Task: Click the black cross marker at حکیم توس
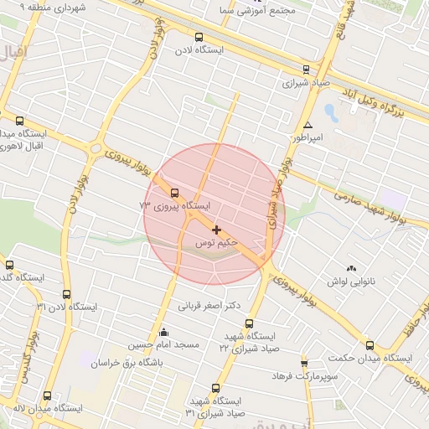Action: pos(217,230)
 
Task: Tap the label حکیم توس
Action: pos(217,243)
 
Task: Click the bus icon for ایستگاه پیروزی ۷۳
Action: pos(174,193)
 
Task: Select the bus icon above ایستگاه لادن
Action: pos(199,37)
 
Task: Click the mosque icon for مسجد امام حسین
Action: pos(163,333)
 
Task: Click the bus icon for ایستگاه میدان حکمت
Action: pos(370,345)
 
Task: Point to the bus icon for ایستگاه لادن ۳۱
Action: pos(66,294)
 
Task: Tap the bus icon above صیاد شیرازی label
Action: pos(306,70)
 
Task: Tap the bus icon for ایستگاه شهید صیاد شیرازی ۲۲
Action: pos(249,322)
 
